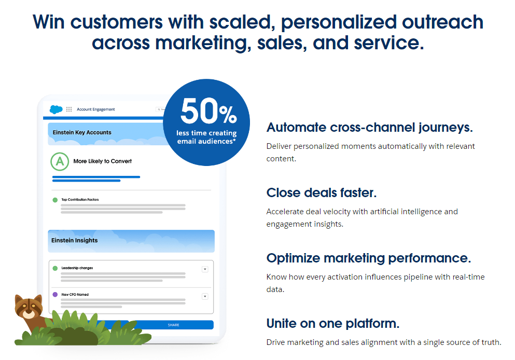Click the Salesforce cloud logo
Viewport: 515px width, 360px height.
point(56,109)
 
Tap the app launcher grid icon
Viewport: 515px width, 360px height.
point(69,109)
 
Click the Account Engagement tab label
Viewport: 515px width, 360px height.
point(95,109)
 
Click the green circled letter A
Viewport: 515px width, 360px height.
point(60,161)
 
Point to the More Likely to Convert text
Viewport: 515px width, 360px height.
point(102,161)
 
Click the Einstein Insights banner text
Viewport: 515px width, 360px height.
point(74,241)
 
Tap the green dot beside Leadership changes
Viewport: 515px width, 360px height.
point(55,268)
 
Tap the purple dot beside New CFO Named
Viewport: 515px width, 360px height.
point(55,295)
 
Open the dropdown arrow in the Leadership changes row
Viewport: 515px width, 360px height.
point(204,269)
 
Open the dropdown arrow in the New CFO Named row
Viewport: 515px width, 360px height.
point(204,296)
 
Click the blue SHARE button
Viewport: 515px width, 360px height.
point(173,325)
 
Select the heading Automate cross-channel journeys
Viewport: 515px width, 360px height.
point(369,127)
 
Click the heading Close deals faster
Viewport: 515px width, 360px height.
point(321,192)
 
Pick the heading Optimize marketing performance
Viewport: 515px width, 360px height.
point(368,258)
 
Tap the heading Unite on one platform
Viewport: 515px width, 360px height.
point(332,323)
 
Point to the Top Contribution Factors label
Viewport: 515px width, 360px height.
point(80,200)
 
